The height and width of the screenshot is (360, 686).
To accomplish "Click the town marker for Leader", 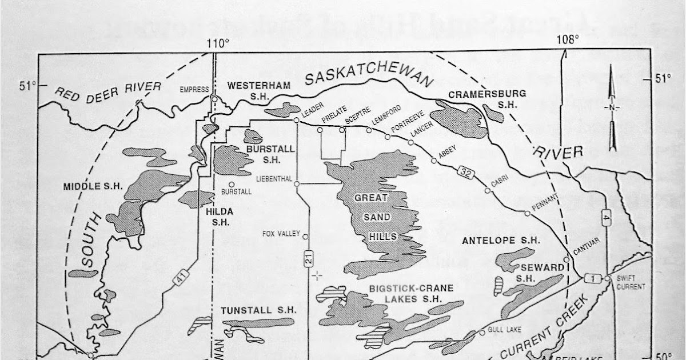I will point(296,121).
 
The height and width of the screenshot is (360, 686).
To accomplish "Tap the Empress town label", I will point(191,89).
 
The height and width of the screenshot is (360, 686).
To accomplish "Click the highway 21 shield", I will point(309,260).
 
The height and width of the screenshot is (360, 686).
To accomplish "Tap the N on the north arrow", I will point(611,108).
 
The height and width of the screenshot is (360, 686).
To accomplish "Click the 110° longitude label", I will point(218,43).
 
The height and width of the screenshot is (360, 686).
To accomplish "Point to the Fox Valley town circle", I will point(305,237).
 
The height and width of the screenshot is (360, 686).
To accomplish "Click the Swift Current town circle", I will point(607,278).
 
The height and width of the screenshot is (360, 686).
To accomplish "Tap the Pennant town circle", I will point(527,213).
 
